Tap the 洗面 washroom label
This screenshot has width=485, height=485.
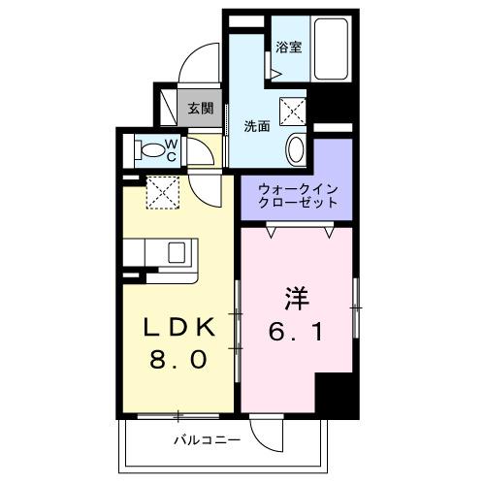256,125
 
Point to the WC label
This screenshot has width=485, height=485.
169,149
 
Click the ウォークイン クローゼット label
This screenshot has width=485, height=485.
297,195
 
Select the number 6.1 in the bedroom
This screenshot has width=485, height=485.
297,331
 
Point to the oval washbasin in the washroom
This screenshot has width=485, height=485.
298,150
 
